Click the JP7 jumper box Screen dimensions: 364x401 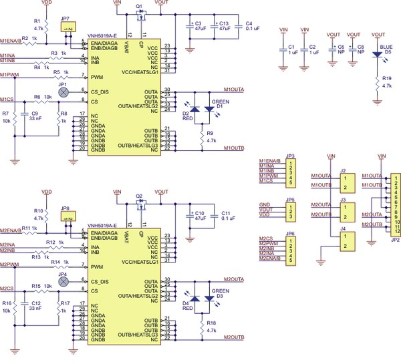[67, 29]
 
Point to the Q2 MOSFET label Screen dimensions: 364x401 [139, 196]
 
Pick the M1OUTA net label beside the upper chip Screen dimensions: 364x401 [235, 89]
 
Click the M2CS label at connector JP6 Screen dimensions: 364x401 [266, 239]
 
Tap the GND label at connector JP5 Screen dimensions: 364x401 [264, 204]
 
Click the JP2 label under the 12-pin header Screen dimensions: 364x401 [395, 238]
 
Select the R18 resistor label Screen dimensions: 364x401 [212, 323]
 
